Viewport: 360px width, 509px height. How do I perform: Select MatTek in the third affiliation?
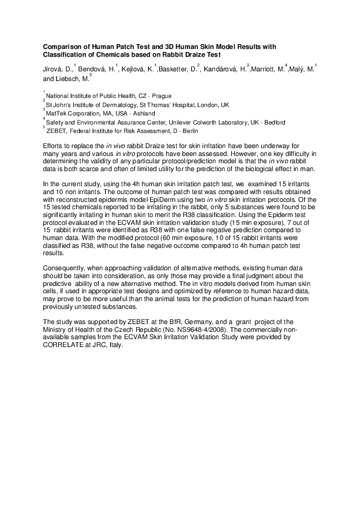(x=57, y=113)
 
